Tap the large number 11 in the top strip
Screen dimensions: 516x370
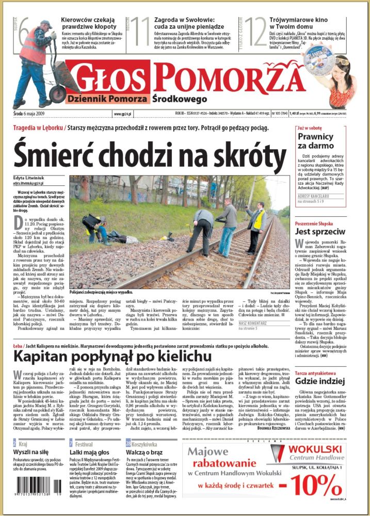tap(139, 31)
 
